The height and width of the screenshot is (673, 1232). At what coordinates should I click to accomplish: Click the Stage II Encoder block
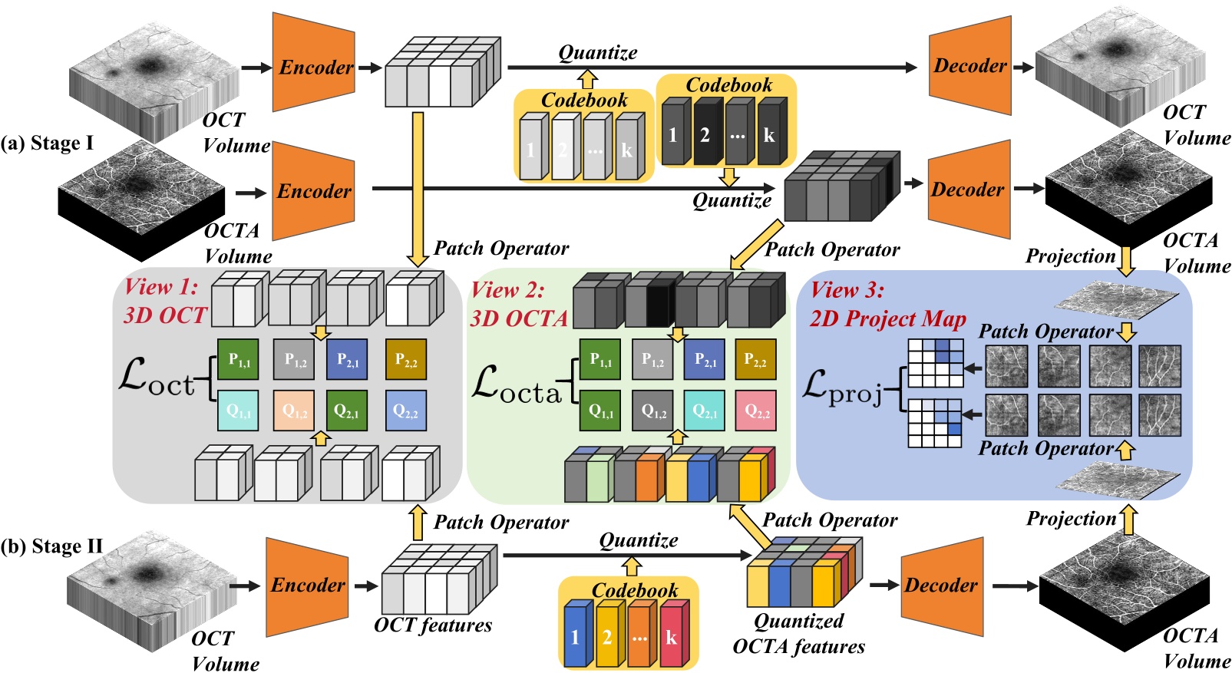tap(306, 585)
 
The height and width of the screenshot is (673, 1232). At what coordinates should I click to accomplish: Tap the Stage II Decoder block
tap(941, 586)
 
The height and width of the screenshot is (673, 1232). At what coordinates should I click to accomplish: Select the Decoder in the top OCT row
tap(969, 66)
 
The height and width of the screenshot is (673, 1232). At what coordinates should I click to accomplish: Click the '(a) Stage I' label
tap(47, 144)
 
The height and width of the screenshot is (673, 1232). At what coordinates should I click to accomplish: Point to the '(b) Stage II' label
tap(52, 546)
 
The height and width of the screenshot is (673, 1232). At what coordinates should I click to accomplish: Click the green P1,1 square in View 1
tap(238, 359)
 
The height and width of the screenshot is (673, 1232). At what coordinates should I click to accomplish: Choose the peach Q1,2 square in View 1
tap(294, 411)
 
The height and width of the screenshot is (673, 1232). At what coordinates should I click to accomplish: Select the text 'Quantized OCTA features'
tap(798, 633)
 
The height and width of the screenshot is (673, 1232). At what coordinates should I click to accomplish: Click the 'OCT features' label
tap(433, 625)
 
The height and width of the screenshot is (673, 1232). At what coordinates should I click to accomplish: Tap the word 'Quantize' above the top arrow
tap(597, 52)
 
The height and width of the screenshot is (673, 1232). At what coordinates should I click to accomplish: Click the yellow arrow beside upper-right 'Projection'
tap(1126, 260)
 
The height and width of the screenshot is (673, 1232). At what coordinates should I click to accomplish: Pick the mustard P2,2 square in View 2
tap(755, 359)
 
